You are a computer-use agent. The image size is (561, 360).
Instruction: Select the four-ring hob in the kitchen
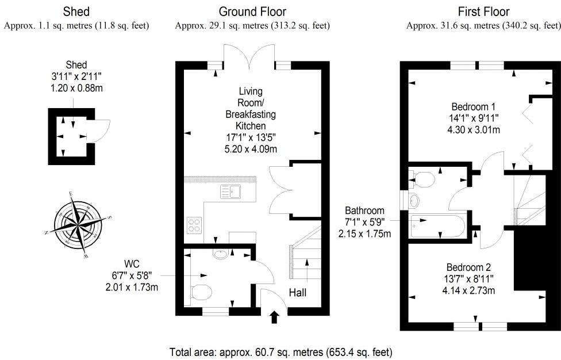click(195, 224)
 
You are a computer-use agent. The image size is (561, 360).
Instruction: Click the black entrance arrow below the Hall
click(274, 316)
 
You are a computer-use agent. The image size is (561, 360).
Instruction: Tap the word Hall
click(297, 293)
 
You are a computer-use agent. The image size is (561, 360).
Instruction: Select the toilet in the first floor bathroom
click(422, 179)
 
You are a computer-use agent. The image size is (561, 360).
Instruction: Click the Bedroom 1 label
click(473, 107)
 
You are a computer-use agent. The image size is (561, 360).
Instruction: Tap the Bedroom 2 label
click(468, 268)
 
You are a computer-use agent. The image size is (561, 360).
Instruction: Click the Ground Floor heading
click(252, 12)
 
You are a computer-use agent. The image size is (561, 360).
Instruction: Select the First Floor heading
click(483, 12)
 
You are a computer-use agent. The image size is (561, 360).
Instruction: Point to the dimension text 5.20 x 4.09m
click(251, 150)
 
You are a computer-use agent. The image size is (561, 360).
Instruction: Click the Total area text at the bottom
click(280, 351)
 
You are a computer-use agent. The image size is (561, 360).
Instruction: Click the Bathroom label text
click(364, 210)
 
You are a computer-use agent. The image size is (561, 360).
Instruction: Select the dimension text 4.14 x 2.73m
click(468, 291)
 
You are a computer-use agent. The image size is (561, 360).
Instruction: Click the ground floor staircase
click(305, 253)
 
